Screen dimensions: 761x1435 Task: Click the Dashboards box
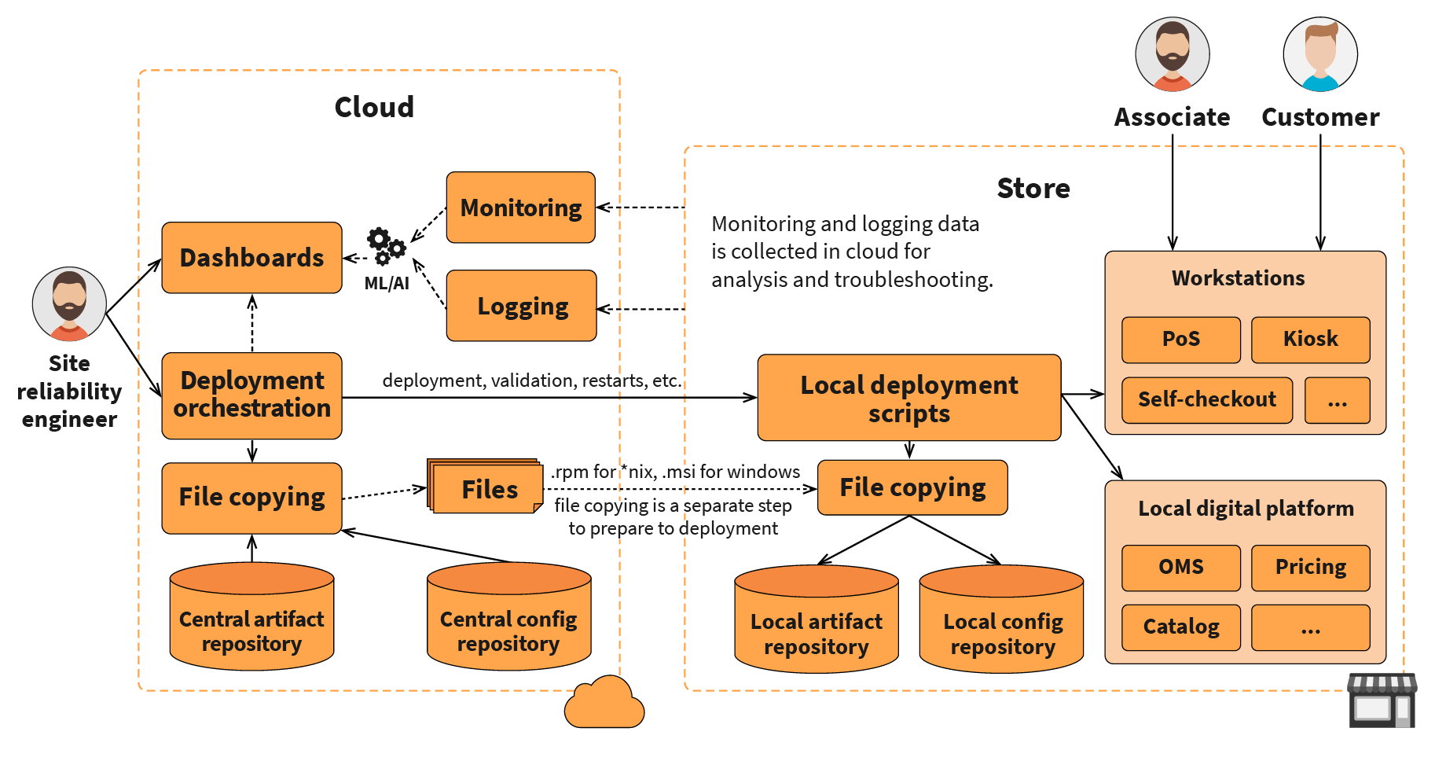[251, 258]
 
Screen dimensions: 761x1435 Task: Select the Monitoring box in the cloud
[520, 208]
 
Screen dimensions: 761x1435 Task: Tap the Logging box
[522, 306]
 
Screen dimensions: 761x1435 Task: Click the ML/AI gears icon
[386, 245]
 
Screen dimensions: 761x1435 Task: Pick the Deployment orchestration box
[251, 395]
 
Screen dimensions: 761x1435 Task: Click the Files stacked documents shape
[486, 488]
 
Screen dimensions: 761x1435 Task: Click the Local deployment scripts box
[908, 398]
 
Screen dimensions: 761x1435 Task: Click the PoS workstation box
[1180, 340]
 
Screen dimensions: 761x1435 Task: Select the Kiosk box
[1310, 340]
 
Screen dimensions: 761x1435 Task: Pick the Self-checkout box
[1206, 400]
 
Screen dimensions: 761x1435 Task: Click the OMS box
[1180, 568]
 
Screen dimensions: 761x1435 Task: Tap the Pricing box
[1310, 568]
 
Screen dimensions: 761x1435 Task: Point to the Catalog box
[1180, 627]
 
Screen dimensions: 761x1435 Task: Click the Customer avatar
[1320, 54]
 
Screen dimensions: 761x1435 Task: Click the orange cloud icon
[604, 703]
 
